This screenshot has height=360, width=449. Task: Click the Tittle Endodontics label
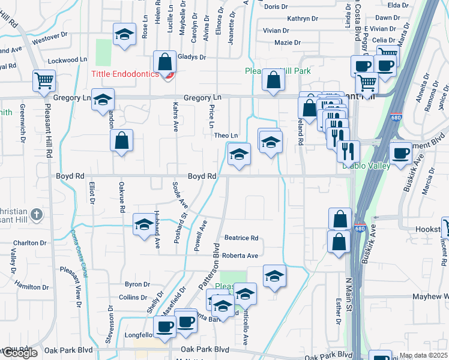tap(125, 74)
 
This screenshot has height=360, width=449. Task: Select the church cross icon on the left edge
tap(37, 215)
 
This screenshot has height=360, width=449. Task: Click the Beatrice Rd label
tap(241, 238)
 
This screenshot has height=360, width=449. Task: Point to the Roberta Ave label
tap(240, 256)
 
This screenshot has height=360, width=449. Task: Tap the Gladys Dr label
tap(191, 58)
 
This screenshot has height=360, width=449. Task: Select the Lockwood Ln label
tap(67, 61)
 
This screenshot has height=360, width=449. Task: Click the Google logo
tap(20, 353)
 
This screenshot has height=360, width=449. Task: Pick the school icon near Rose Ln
tap(124, 35)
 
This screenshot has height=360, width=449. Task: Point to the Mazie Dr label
tap(287, 43)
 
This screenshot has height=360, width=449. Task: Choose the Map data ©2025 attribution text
tap(424, 355)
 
